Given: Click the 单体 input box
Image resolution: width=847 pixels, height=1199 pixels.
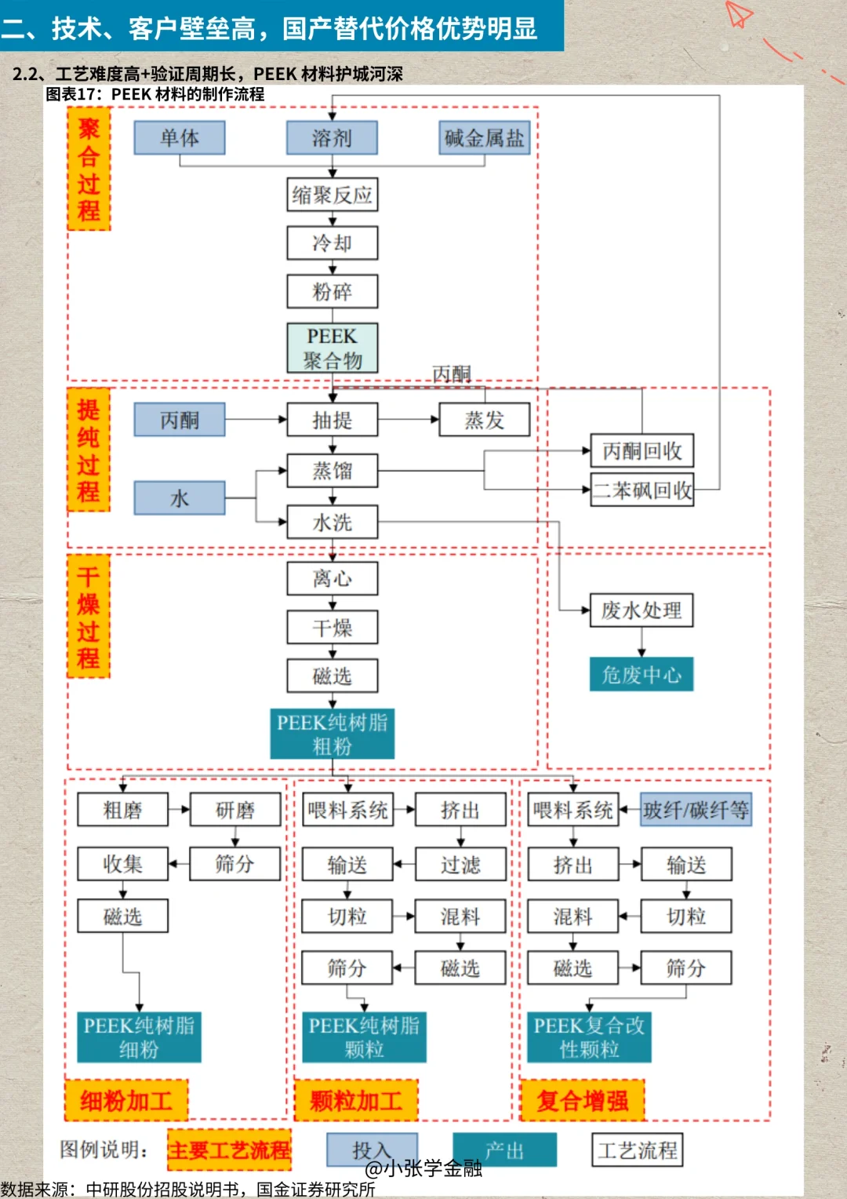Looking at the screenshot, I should [x=180, y=138].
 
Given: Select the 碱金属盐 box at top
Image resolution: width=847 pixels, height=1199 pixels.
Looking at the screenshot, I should [x=484, y=138].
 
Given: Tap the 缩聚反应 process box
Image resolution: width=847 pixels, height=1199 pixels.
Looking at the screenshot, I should [x=333, y=195].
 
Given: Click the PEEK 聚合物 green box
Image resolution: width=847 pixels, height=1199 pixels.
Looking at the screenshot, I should [x=333, y=348].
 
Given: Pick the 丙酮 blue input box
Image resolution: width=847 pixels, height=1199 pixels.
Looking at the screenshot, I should [x=180, y=420].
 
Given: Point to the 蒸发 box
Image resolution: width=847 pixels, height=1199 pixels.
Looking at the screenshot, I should [x=484, y=420].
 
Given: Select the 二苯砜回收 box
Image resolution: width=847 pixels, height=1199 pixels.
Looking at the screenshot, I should [x=642, y=490].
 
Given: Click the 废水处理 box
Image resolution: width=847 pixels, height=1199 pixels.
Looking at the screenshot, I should [x=642, y=610].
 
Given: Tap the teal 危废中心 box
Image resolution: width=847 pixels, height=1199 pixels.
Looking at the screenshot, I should [x=642, y=675].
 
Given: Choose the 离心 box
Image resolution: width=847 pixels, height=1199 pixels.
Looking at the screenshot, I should [x=333, y=578].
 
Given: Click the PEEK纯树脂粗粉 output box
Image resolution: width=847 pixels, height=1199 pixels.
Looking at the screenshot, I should [x=333, y=734].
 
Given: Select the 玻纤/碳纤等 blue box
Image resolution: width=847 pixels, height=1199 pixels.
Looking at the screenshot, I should [x=696, y=810].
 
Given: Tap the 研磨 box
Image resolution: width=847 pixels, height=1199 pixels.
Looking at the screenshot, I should [x=235, y=810].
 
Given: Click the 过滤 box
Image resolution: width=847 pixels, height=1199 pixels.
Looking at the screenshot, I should [x=460, y=865].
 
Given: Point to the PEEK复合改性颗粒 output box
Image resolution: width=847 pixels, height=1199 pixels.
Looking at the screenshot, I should [x=589, y=1037].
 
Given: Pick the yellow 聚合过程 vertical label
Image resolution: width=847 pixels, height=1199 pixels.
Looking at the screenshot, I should [x=89, y=169].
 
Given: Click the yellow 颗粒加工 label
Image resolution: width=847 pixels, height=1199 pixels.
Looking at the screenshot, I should [x=356, y=1100].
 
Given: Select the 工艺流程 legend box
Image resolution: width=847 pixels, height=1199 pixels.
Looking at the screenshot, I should [x=637, y=1150].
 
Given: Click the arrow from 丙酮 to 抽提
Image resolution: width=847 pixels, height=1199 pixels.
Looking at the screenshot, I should [x=256, y=420].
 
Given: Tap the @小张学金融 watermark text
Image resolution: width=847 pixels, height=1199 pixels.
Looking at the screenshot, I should [x=423, y=1168].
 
